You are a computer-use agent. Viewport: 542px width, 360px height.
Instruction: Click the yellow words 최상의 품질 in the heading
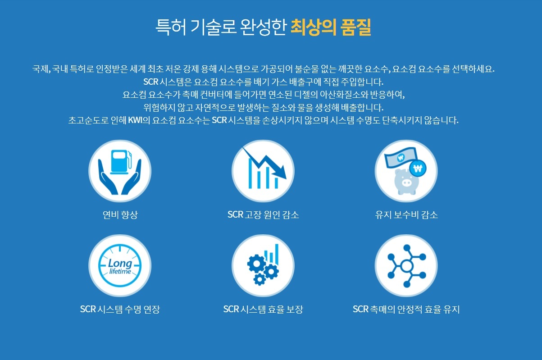[331, 27]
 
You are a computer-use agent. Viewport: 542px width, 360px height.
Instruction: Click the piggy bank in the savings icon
[406, 182]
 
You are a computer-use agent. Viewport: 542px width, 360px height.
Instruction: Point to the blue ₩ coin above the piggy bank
[418, 168]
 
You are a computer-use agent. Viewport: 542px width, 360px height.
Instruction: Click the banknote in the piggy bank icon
[401, 158]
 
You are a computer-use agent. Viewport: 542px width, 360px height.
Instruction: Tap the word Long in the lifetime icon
[120, 263]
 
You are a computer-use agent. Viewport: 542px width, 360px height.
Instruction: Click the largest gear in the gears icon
[256, 264]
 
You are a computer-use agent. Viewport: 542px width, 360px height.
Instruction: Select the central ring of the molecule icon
[406, 266]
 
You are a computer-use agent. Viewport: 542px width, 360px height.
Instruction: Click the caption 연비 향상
[120, 214]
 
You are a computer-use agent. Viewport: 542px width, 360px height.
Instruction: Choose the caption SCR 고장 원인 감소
[263, 214]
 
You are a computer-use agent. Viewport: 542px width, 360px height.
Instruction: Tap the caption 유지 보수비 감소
[406, 214]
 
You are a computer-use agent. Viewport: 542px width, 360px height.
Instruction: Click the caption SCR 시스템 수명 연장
[120, 309]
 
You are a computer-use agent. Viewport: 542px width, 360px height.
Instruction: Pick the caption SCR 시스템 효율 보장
[263, 309]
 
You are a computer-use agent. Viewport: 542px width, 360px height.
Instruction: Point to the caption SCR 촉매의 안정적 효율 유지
[406, 309]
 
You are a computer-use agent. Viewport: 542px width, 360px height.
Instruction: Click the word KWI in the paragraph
[135, 120]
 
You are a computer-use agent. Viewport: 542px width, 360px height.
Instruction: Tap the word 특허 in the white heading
[171, 27]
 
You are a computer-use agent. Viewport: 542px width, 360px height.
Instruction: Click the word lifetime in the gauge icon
[120, 271]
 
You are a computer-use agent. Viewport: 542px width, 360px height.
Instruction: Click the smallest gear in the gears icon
[260, 279]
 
